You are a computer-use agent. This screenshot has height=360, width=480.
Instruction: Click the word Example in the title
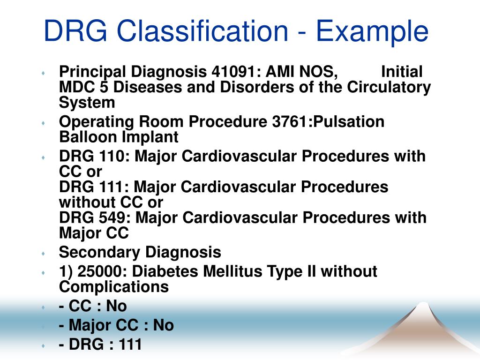[372, 32]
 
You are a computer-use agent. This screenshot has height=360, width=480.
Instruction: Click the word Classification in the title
[202, 32]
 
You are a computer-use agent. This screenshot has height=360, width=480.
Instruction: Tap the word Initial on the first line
[402, 72]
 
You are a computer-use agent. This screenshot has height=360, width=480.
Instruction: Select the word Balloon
[89, 137]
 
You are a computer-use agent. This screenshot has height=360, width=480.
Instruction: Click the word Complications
[113, 286]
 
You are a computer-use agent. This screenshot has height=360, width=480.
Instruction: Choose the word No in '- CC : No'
[116, 306]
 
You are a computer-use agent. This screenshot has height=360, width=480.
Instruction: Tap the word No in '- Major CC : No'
[163, 325]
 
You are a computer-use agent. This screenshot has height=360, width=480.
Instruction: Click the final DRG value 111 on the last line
[130, 345]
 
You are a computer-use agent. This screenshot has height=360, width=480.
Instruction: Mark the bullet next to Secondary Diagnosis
[43, 253]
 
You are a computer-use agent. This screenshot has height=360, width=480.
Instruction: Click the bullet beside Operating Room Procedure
[43, 123]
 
